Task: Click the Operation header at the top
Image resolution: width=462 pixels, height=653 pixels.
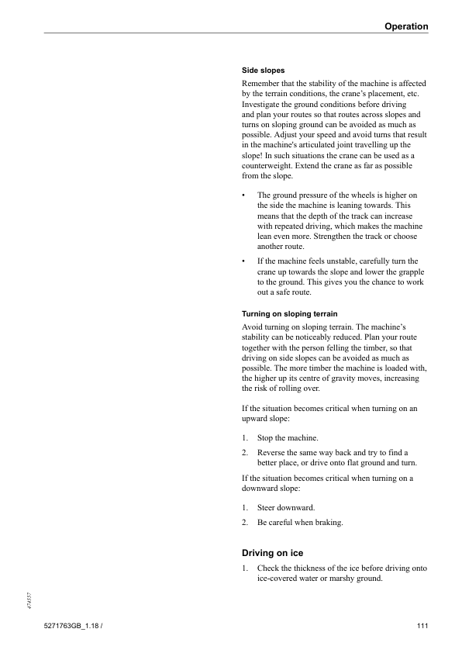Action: point(406,26)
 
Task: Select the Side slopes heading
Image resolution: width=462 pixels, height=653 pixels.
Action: point(263,71)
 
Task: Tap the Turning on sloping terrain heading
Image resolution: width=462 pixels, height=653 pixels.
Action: point(291,314)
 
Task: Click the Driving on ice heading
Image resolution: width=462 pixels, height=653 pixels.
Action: point(272,553)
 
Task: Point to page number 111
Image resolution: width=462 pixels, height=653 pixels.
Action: point(421,626)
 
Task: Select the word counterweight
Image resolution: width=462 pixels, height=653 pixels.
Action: point(271,165)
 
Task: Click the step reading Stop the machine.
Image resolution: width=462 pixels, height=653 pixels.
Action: point(288,438)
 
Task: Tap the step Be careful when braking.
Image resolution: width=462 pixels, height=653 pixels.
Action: point(300,522)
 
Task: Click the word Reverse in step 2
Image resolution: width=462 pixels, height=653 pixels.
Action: point(272,452)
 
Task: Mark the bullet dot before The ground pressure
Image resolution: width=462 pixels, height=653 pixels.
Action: point(244,195)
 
